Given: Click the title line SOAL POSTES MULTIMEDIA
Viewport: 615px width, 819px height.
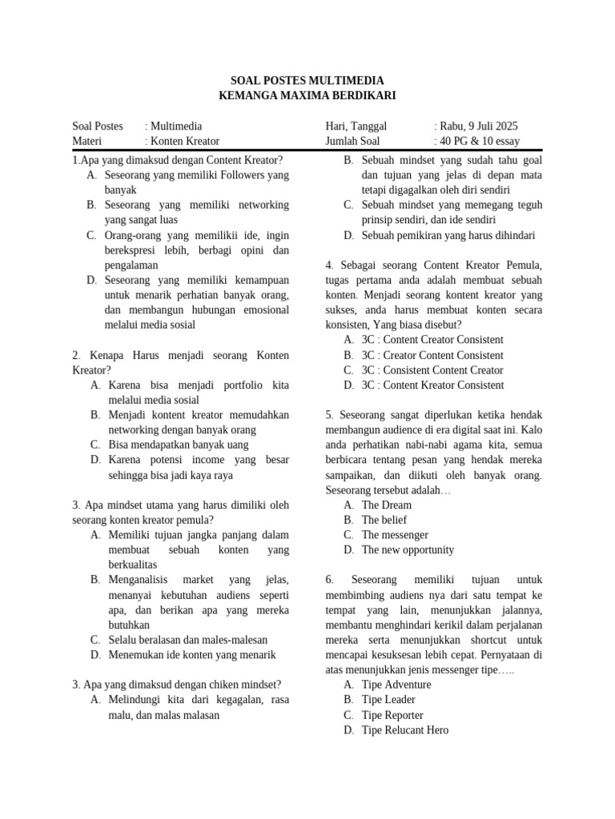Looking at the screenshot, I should coord(307,81).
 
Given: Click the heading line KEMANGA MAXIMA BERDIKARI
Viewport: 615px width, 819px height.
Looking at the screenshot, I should coord(307,96).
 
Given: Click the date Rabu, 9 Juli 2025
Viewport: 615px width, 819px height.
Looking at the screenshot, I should coord(478,126).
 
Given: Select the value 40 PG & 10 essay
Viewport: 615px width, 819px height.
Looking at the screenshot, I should coord(479,142).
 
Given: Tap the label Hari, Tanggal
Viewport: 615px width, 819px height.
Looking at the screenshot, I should coord(356,126).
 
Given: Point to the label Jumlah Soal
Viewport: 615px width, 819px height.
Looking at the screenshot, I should coord(352,142).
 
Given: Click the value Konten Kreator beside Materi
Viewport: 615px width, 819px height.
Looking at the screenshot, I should coord(184,142).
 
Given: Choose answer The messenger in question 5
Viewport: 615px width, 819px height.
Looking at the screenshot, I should coord(395,535).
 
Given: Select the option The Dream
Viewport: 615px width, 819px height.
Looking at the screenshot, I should coord(387,505).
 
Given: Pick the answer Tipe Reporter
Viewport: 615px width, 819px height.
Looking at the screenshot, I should coord(392,715).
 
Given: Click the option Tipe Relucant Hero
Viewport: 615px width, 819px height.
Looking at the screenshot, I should coord(405,730).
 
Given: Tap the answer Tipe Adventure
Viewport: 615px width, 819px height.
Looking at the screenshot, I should coord(396,685).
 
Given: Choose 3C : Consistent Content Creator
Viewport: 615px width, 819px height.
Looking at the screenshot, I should coord(432,370).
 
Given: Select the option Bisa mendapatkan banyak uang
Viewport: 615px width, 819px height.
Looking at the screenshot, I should coord(179,445).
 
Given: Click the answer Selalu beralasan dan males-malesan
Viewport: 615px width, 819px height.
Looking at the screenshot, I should coord(188,640).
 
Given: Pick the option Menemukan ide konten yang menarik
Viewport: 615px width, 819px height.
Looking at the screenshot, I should coord(192,655).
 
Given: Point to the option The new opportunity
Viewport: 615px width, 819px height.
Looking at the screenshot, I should coord(408,550).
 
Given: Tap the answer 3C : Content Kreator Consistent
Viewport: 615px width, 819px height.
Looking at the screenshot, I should coord(433,386).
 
